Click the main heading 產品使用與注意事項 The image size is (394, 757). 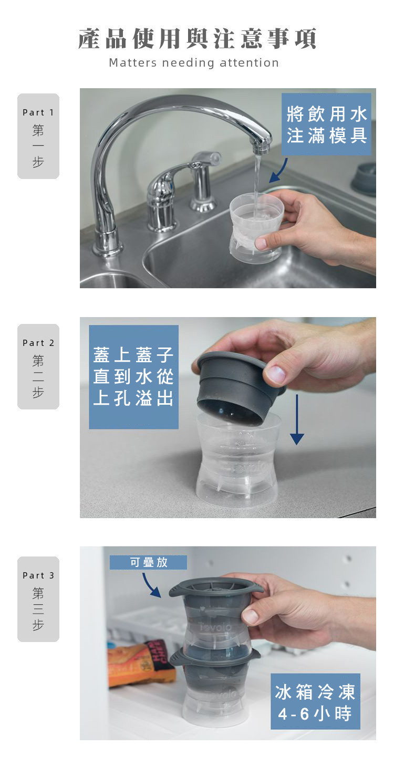pos(197,38)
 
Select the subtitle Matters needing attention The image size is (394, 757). pos(194,63)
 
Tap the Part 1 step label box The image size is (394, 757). pos(38,136)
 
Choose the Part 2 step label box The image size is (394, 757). pos(38,366)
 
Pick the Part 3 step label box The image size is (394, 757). pos(38,599)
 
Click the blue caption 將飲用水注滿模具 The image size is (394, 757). pos(326,124)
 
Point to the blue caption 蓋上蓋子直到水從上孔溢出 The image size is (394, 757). pos(133,377)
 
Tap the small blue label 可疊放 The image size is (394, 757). pos(148,562)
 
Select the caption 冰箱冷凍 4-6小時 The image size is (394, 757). pos(315,701)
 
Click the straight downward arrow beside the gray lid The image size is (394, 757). pos(297,419)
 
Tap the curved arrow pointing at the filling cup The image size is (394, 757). pos(279,172)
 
